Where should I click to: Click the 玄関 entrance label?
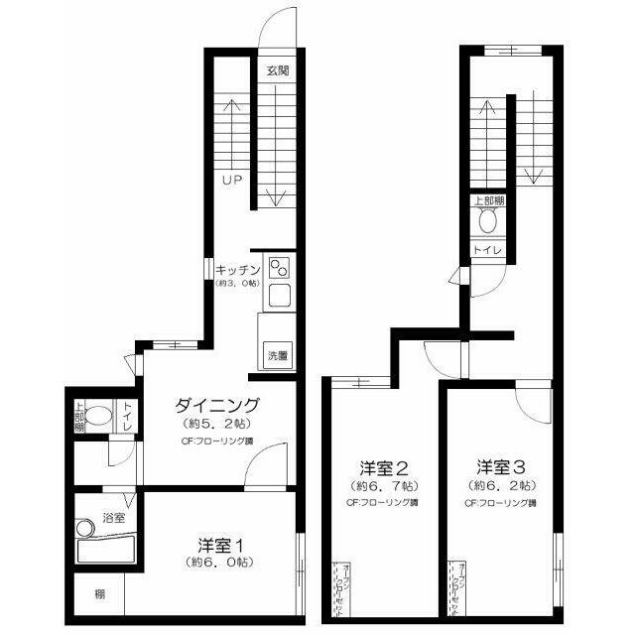(278, 70)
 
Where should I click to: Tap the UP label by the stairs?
(231, 180)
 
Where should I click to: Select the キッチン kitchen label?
(236, 268)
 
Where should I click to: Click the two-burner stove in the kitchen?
(278, 267)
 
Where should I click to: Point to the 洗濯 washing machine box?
(277, 355)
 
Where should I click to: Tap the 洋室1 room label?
(220, 545)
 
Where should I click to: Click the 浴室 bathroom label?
(114, 518)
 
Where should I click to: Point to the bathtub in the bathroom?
(107, 547)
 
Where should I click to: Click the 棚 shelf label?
(100, 595)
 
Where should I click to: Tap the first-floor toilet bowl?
(97, 415)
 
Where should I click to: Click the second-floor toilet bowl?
(487, 223)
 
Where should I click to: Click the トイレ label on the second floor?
(486, 249)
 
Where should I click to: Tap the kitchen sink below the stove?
(278, 296)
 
